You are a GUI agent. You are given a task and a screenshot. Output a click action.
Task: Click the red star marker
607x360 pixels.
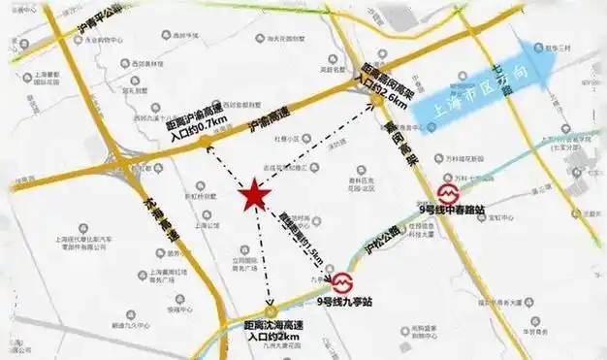pos(254,194)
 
